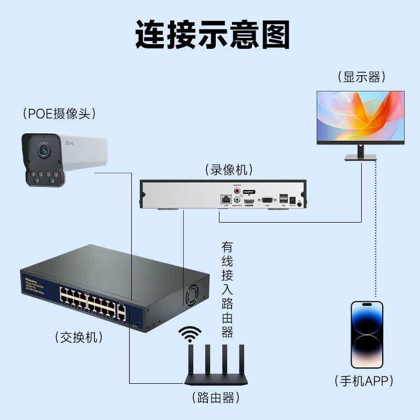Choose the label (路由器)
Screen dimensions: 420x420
(x=213, y=396)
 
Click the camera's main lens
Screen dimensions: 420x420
(x=42, y=151)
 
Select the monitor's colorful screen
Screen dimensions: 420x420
(x=361, y=116)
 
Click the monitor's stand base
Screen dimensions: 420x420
(x=360, y=157)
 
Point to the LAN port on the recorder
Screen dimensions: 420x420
(x=225, y=199)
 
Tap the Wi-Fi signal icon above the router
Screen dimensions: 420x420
(x=190, y=333)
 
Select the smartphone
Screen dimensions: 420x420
(x=367, y=335)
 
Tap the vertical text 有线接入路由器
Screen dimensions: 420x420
(x=227, y=289)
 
